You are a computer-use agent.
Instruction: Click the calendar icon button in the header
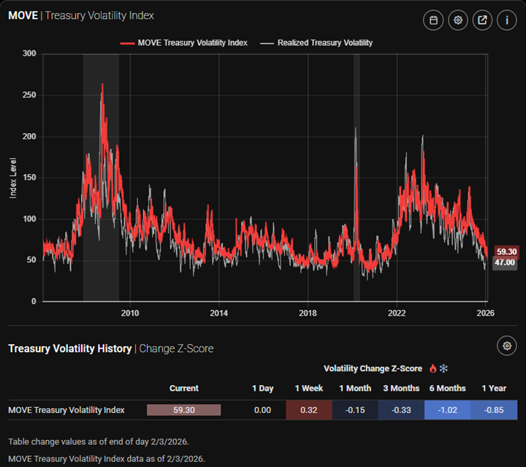tap(433, 20)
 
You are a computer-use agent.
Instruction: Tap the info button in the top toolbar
tap(507, 20)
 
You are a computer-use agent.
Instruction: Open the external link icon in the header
tap(482, 20)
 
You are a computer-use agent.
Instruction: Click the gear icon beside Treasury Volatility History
tap(507, 346)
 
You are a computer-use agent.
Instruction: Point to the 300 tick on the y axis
tap(29, 53)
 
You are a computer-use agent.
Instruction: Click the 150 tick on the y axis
tap(29, 178)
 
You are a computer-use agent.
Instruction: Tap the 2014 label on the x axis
tap(218, 313)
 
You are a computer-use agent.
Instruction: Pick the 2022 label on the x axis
tap(397, 313)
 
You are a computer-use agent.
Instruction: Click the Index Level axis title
tap(13, 177)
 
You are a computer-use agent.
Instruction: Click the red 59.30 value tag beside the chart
tap(506, 251)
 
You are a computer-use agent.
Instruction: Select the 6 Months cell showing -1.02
tap(447, 410)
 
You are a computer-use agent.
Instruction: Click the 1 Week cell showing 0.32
tap(309, 410)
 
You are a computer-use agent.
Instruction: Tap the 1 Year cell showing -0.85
tap(494, 410)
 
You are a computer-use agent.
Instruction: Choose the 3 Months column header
tap(401, 388)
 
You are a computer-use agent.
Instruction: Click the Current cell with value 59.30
tap(184, 410)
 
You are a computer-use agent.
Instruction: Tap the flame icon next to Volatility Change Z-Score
tap(432, 368)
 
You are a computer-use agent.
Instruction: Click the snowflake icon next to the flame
tap(443, 368)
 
